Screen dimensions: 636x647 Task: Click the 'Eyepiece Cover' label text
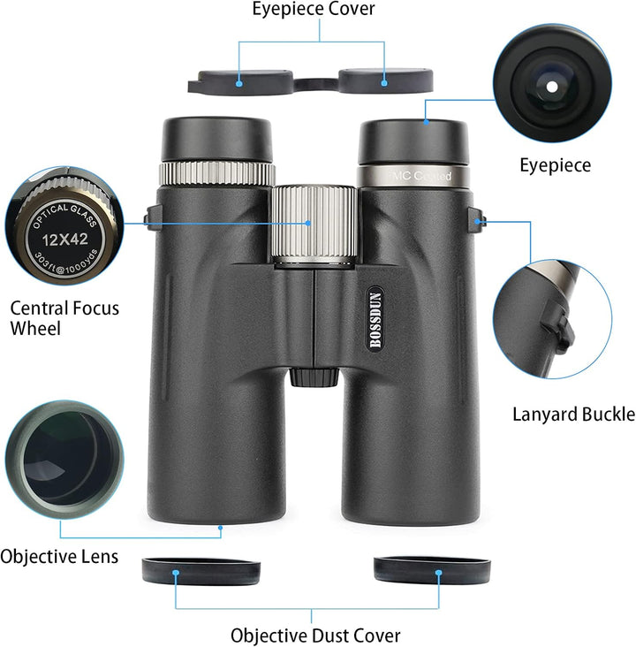tap(314, 9)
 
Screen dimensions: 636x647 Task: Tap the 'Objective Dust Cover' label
tap(315, 636)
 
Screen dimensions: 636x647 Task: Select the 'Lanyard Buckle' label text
tap(573, 415)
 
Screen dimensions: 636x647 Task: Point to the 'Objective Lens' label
tap(59, 557)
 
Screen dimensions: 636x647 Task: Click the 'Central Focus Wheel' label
tap(64, 318)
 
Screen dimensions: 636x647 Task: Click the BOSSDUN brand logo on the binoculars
tap(375, 319)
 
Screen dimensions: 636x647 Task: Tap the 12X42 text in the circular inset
tap(64, 240)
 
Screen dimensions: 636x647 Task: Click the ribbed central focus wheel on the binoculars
tap(314, 226)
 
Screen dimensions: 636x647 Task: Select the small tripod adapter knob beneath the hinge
tap(314, 377)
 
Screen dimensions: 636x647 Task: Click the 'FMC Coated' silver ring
tap(413, 176)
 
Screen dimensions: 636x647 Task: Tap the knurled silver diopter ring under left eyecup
tap(217, 174)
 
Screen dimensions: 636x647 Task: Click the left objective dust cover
tap(201, 571)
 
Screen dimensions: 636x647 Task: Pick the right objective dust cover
tap(432, 570)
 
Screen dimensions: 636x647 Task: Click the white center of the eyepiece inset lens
tap(552, 88)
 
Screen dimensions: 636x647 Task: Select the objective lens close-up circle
tap(64, 460)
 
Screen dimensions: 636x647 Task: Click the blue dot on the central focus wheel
tap(308, 223)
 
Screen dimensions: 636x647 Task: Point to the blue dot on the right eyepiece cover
tap(384, 83)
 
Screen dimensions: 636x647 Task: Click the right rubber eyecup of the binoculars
tap(413, 142)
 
